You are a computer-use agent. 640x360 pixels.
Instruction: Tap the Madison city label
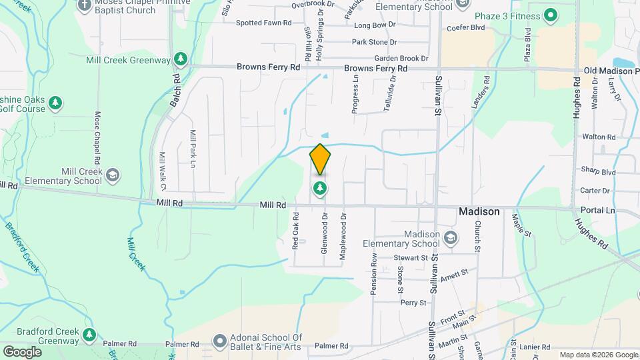[479, 211]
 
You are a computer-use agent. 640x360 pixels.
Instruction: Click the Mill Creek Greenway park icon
[180, 60]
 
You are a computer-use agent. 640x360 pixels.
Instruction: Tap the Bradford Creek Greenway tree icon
[89, 333]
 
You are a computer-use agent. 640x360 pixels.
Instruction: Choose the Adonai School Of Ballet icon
[219, 342]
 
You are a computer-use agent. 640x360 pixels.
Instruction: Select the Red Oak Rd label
[295, 232]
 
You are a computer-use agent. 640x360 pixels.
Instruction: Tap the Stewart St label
[410, 257]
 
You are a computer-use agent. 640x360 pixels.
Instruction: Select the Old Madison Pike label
[611, 71]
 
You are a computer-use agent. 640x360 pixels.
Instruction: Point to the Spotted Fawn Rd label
[265, 23]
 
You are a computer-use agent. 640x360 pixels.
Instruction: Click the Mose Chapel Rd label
[97, 138]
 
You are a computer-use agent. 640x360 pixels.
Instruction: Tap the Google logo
[22, 351]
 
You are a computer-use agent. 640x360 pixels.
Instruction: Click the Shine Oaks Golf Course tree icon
[56, 103]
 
